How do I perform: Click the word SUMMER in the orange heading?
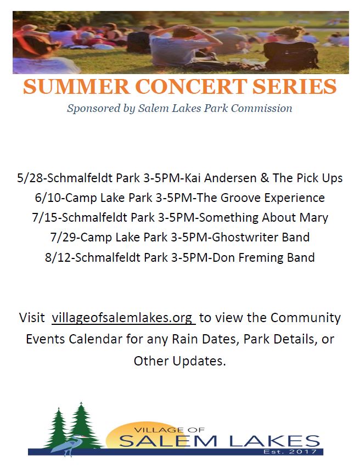[76, 86]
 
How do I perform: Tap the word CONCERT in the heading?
[191, 86]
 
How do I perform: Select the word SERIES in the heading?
[295, 86]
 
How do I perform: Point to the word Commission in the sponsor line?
[261, 108]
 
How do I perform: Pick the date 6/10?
[48, 198]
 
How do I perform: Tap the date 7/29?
[64, 238]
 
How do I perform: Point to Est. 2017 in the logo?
[290, 452]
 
